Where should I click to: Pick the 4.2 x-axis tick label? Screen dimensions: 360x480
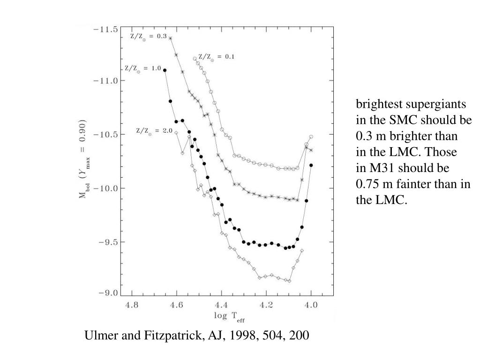click(266, 305)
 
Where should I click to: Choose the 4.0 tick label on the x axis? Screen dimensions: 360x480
click(311, 305)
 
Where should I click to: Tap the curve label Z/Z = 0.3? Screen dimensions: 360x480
click(148, 37)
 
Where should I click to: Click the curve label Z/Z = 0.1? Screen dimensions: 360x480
click(216, 57)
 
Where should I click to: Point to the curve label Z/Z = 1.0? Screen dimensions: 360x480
click(142, 68)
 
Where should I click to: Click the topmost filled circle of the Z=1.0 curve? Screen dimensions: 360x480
click(165, 70)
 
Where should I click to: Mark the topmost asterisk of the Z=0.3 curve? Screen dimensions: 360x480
click(170, 38)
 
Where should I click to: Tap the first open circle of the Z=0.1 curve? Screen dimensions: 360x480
click(195, 59)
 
